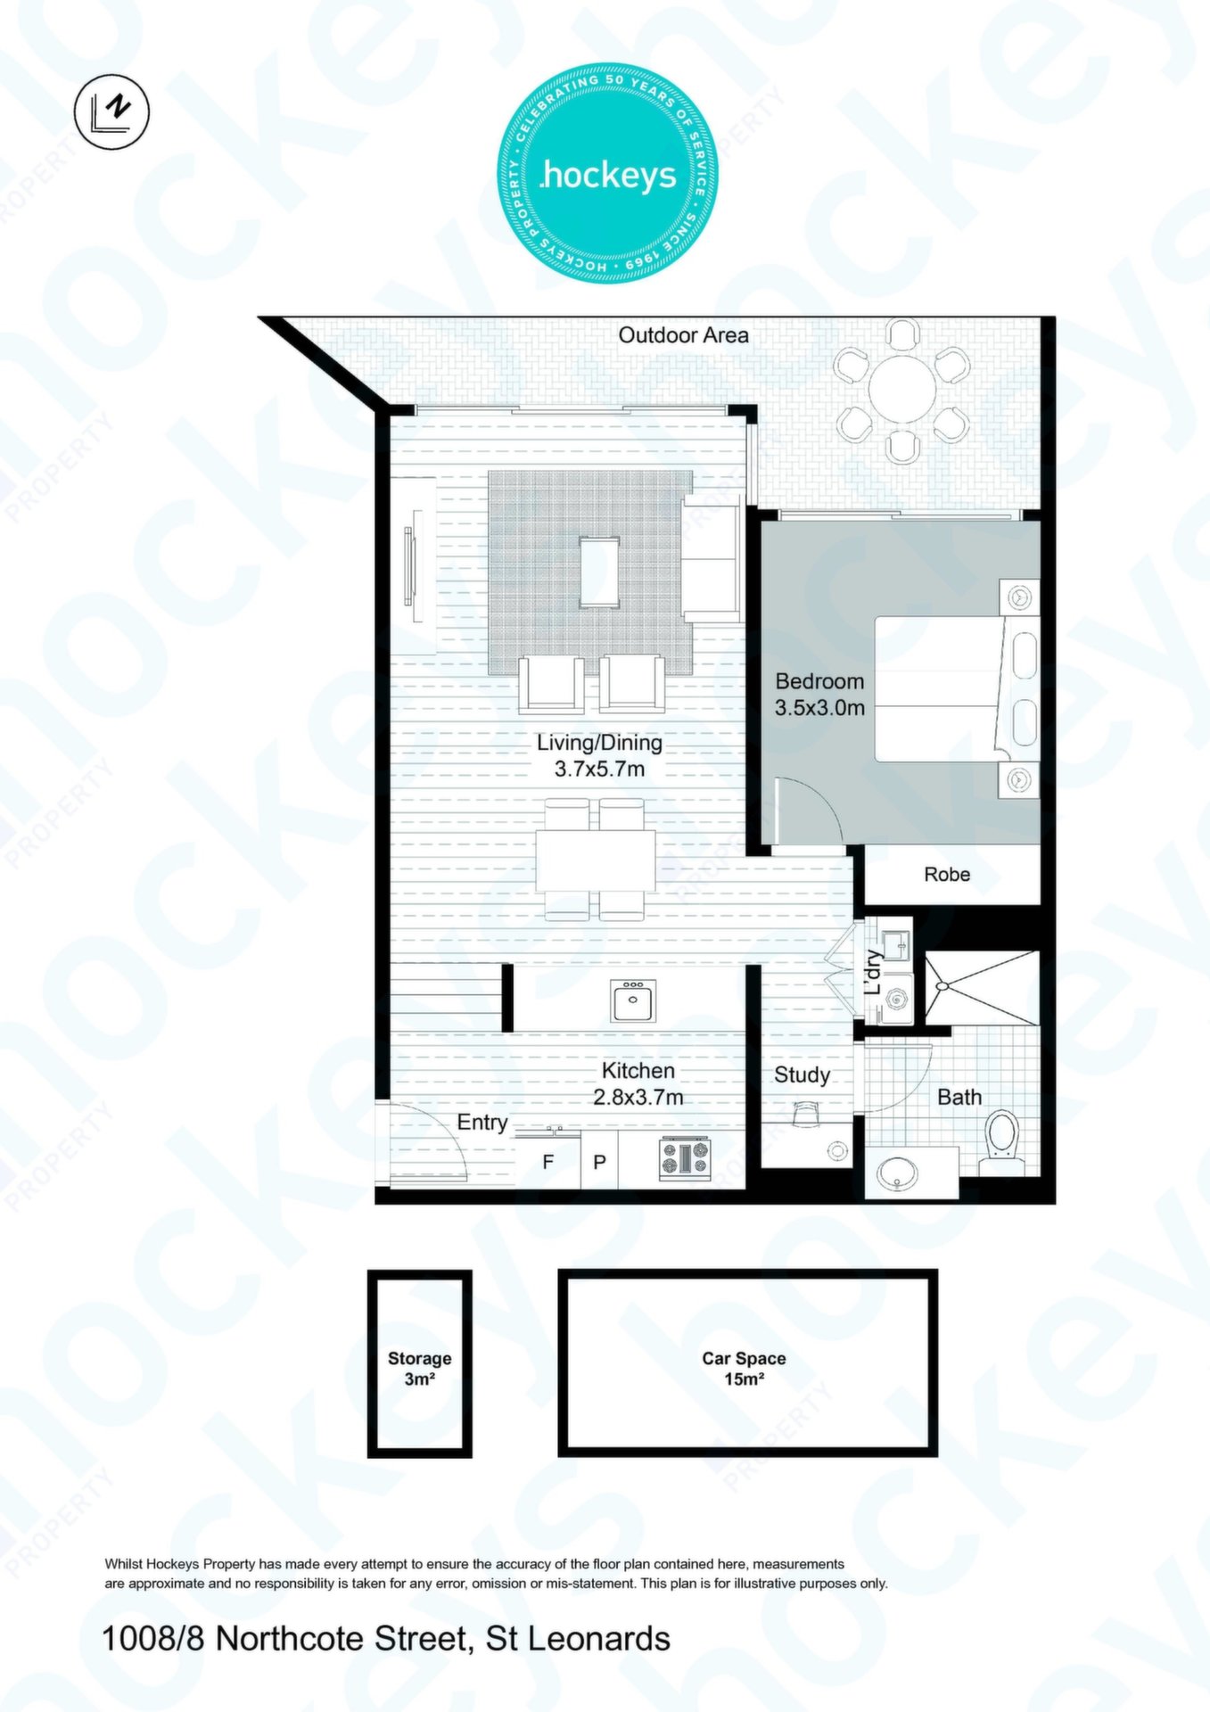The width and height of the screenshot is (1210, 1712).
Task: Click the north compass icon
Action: pos(112,111)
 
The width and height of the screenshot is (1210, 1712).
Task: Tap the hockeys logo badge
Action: pos(607,173)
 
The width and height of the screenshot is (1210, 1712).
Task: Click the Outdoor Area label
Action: pos(683,335)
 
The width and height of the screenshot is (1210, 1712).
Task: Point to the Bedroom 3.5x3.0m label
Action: pos(819,695)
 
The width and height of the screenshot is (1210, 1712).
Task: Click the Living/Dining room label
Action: pos(599,755)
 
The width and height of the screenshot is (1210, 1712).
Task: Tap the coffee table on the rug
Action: pos(599,572)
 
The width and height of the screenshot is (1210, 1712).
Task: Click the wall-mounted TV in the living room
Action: pos(411,565)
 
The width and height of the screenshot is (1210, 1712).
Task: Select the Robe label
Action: pos(947,875)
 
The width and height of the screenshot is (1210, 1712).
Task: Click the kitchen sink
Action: pos(633,1000)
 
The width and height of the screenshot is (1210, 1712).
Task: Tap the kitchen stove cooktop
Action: pos(685,1158)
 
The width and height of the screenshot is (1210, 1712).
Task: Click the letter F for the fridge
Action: pos(548,1162)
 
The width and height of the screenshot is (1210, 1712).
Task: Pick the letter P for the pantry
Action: pos(600,1162)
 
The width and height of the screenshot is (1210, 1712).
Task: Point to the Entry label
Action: pos(482,1123)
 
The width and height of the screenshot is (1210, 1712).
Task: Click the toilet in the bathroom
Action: pos(1002,1140)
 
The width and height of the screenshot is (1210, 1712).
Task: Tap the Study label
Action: pos(802,1075)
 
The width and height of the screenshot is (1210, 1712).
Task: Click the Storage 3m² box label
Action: pos(419,1369)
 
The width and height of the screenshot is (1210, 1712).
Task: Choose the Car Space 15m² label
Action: pos(744,1369)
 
